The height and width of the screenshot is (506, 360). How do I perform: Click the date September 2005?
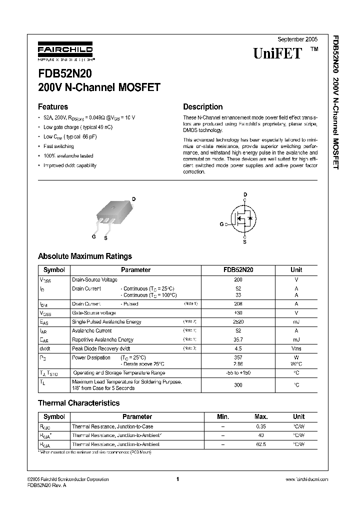point(297,39)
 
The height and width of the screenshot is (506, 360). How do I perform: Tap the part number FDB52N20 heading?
point(64,73)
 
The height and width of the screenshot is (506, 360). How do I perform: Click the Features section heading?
point(53,106)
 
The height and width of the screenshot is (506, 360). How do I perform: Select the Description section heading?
point(202,106)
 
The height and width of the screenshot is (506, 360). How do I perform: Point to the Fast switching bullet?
point(58,146)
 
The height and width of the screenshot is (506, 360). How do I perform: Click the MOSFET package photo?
point(112,214)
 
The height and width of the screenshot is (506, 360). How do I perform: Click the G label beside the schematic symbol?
point(221,225)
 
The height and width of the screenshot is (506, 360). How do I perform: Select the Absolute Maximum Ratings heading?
point(85,256)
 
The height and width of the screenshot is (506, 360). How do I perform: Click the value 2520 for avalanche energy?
point(238,322)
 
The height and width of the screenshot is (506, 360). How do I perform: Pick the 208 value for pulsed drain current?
point(238,303)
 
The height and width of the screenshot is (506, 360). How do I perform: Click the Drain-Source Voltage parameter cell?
point(95,279)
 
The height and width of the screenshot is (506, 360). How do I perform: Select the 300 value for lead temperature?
point(238,385)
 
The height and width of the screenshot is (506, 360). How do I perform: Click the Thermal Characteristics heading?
point(79,403)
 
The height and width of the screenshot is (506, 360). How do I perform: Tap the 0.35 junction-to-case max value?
point(261,426)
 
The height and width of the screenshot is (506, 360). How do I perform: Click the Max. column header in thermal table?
point(261,416)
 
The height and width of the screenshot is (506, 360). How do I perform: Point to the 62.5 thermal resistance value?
point(261,443)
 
